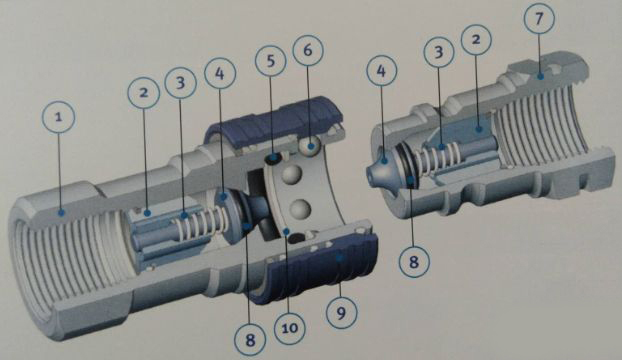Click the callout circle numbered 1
point(58,117)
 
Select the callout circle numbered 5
point(271,61)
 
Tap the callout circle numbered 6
point(308,50)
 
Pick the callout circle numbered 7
point(539,18)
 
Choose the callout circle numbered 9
point(342,313)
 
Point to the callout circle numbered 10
point(290,328)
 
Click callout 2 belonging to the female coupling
point(144,93)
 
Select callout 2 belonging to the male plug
point(476,40)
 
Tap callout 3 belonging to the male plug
point(439,52)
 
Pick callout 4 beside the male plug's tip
point(381,71)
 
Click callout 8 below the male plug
point(414,261)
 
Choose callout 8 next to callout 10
point(250,340)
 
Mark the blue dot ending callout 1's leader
point(61,213)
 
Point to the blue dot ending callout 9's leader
point(339,258)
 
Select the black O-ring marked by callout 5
point(273,159)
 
